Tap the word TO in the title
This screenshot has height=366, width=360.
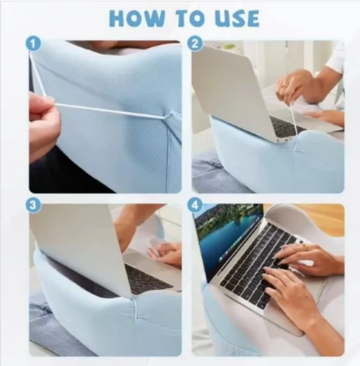point(190,18)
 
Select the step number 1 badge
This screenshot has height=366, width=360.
point(33,44)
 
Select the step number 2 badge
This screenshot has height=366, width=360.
point(195,44)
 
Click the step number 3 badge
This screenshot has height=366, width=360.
point(33,206)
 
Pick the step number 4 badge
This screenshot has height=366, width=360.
point(195,206)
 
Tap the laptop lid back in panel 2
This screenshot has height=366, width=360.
point(232,91)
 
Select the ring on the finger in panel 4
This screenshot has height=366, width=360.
point(305,246)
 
